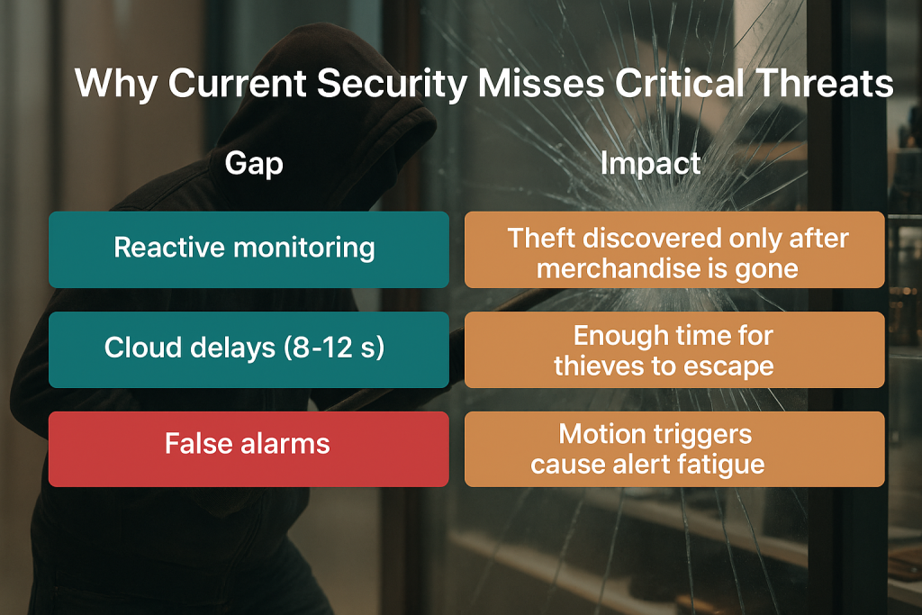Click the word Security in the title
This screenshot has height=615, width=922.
pos(391,84)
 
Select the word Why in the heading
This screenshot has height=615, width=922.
pos(116,84)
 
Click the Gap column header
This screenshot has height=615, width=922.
pos(253,164)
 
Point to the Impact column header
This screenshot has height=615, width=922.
pos(650,163)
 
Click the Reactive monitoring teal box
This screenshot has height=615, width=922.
pos(249,249)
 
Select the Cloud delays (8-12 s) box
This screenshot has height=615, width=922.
pos(249,349)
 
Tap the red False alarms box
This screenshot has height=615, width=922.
pos(249,449)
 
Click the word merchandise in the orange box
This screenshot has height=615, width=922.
pos(617,268)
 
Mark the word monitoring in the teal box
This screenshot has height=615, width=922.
pos(304,249)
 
